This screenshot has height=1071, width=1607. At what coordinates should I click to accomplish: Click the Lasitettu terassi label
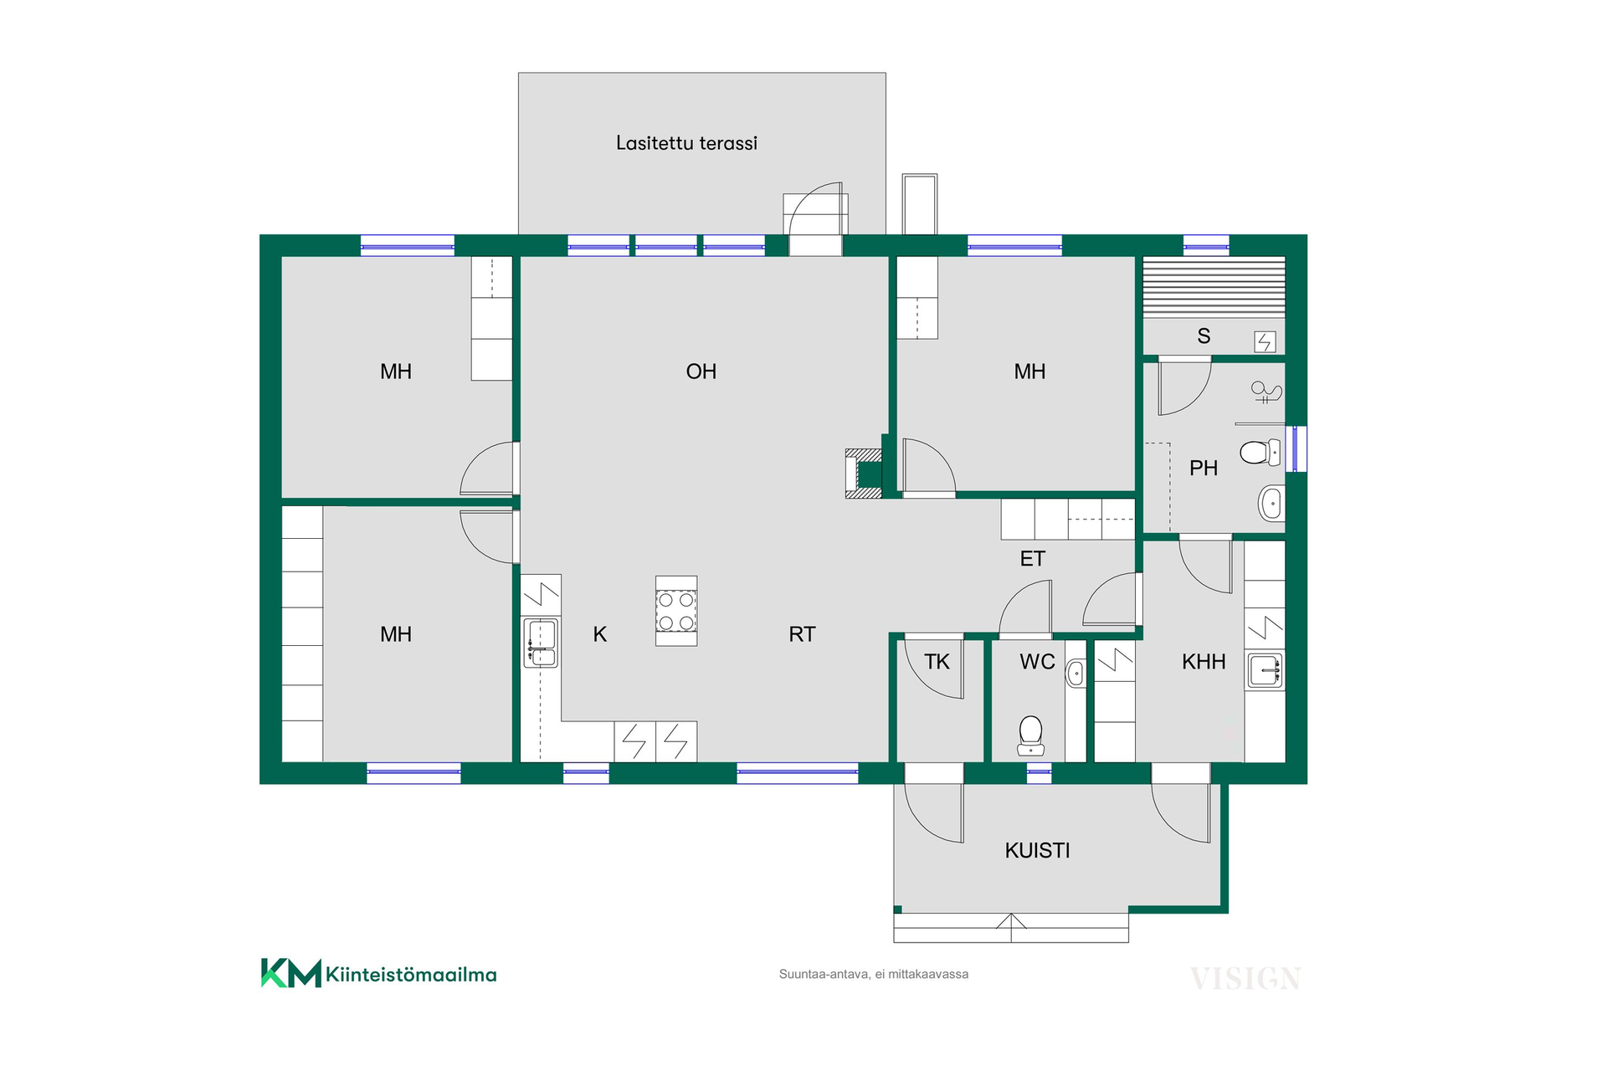point(686,143)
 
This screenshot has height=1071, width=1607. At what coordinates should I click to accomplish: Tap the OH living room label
point(701,372)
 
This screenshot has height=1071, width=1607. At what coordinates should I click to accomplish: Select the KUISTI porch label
point(1037,851)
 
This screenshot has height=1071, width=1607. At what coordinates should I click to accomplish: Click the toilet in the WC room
point(1030,734)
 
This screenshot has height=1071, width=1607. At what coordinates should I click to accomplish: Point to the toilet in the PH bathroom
point(1260,453)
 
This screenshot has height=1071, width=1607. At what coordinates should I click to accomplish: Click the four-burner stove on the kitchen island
point(676,611)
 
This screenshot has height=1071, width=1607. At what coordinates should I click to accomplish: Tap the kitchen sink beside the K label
point(541,643)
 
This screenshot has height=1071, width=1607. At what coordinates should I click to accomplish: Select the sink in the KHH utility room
point(1265,671)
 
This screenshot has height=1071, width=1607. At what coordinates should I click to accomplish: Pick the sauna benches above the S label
point(1214,287)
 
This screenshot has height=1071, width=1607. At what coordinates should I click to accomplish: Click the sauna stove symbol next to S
point(1265,341)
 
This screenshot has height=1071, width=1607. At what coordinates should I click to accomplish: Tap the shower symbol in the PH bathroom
point(1266,392)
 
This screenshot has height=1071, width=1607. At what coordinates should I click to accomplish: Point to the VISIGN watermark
point(1245,978)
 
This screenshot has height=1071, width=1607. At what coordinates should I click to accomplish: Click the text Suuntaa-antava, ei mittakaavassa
point(874,974)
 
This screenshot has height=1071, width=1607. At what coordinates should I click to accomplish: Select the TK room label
point(937,662)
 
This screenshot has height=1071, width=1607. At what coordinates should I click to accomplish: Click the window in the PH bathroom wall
point(1296,448)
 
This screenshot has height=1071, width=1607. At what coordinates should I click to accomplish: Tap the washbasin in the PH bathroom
point(1271,504)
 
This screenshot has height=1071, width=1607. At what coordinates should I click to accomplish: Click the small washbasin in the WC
point(1076,674)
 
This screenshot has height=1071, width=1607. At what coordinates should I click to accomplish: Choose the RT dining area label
point(802,634)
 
